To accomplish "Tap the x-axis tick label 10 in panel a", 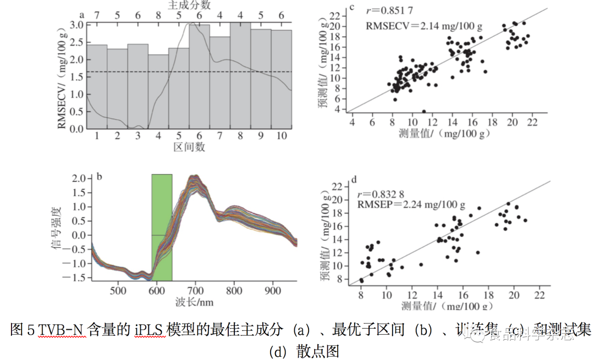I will tap(282, 136).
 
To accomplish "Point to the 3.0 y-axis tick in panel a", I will tap(77, 25).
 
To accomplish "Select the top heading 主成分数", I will tap(189, 5).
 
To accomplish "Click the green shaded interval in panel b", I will tap(162, 227).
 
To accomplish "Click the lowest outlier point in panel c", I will tap(424, 112).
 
